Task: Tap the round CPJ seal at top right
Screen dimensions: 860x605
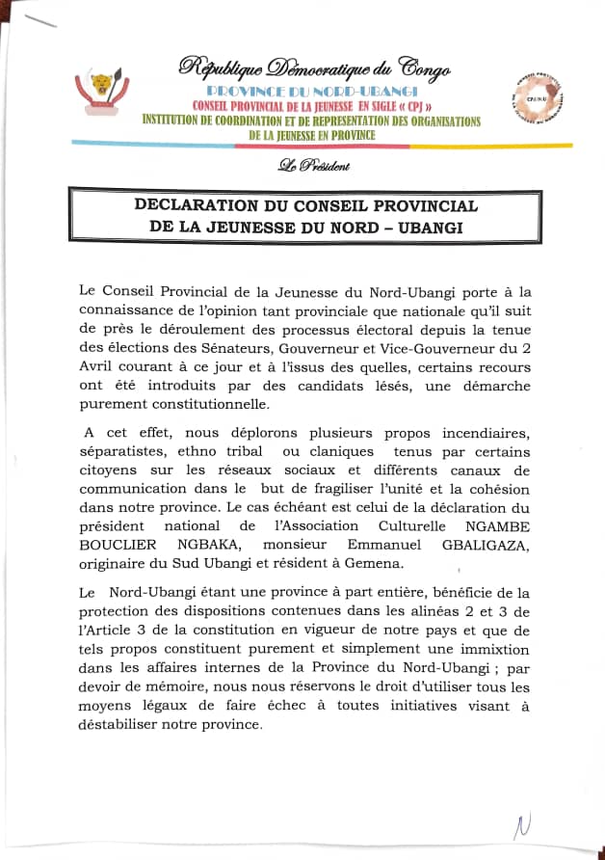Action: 540,97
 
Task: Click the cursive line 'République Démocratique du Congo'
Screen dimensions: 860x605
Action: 314,68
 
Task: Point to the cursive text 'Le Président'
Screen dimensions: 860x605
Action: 313,166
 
